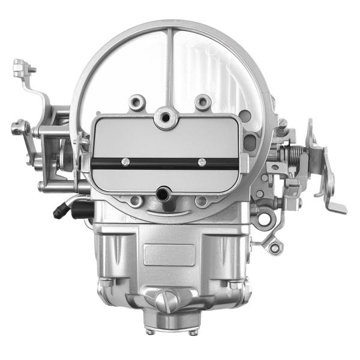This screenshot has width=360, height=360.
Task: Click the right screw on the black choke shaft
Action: point(202,162)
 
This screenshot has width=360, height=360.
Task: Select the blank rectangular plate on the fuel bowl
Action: point(170,254)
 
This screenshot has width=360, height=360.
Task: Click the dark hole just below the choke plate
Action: point(162,194)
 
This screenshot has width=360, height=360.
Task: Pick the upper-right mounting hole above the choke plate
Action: point(203,103)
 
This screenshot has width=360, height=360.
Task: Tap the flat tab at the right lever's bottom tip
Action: point(337,208)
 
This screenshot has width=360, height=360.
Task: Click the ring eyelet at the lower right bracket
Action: point(275,247)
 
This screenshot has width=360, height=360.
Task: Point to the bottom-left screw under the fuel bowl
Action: point(149,330)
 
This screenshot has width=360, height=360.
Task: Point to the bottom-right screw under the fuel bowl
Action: point(191,331)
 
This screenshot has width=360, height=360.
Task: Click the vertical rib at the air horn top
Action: point(170,66)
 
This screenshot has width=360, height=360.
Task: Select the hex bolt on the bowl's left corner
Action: point(104,281)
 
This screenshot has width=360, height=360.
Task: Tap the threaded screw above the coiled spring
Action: point(281,128)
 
